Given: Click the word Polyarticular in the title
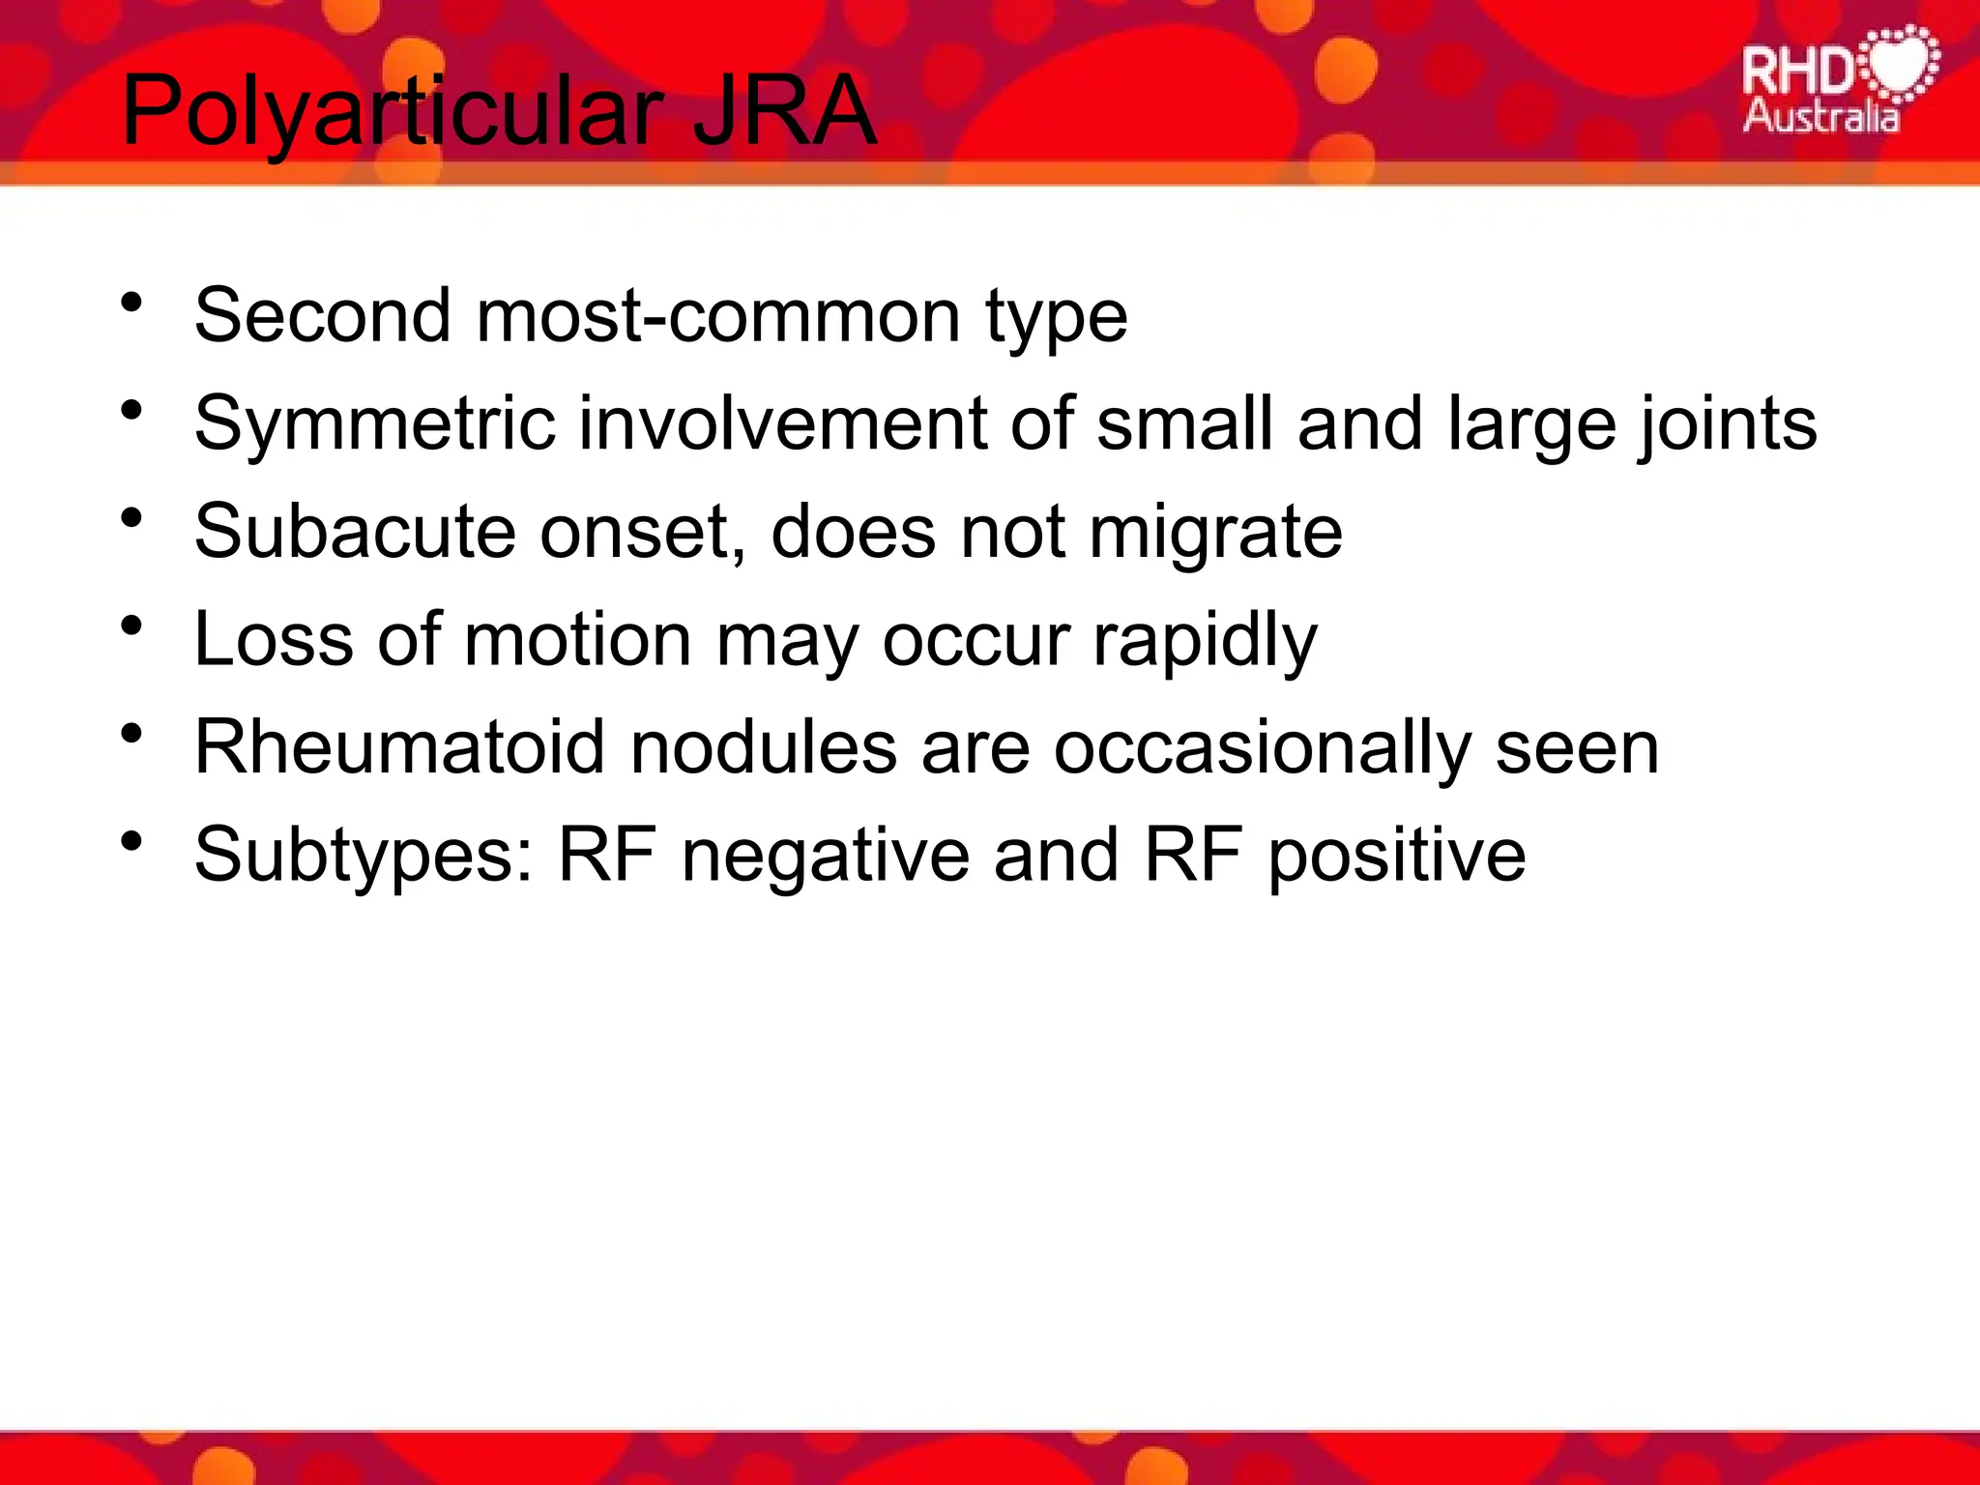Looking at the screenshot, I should (x=392, y=112).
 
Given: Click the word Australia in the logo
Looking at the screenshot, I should (x=1820, y=117).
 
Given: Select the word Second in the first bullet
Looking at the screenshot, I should (x=322, y=315).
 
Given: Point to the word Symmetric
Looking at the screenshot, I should (x=374, y=423).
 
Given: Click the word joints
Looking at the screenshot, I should (x=1727, y=423).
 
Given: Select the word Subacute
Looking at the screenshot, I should (x=355, y=531).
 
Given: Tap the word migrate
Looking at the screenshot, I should (x=1215, y=531).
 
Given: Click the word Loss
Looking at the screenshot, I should (x=273, y=639).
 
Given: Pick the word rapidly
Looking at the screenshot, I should (x=1205, y=639).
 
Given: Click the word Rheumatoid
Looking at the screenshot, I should (x=399, y=747).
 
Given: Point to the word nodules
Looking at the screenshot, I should (x=763, y=747).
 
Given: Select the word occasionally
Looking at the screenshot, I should (x=1262, y=747).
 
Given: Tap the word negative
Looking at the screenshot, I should (x=825, y=856).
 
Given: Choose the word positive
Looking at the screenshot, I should (x=1396, y=856).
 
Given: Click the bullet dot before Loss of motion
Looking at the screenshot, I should (x=132, y=626).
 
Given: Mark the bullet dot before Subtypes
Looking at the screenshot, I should (x=132, y=842).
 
